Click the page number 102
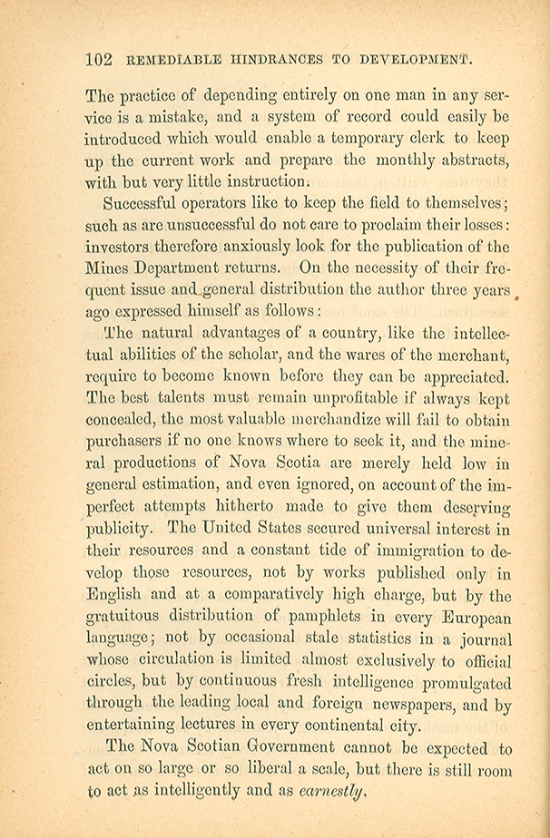(x=97, y=61)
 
